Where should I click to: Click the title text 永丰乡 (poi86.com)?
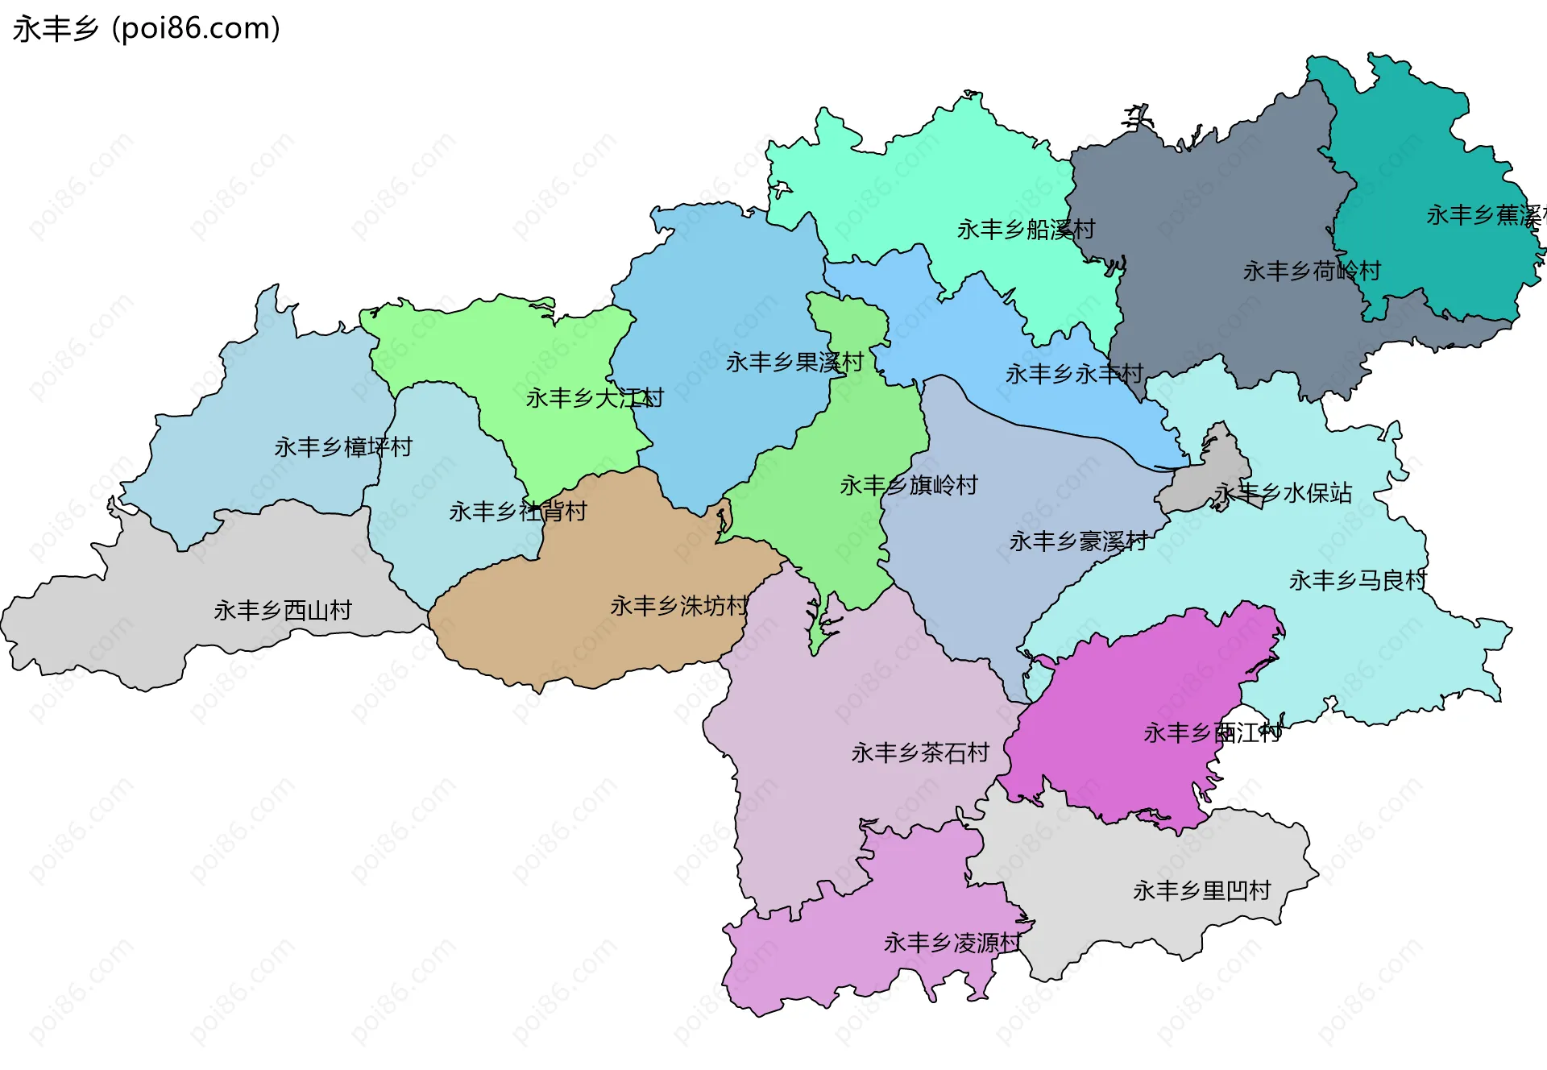pyautogui.click(x=147, y=29)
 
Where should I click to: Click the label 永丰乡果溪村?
pyautogui.click(x=794, y=363)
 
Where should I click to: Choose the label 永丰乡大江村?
pyautogui.click(x=594, y=398)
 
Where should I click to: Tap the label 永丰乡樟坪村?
pyautogui.click(x=342, y=447)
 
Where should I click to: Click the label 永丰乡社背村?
pyautogui.click(x=517, y=512)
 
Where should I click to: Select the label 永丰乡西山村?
pyautogui.click(x=282, y=611)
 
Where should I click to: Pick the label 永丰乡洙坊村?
pyautogui.click(x=678, y=606)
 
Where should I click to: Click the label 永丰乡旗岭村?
pyautogui.click(x=908, y=485)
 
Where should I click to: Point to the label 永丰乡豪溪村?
pyautogui.click(x=1078, y=541)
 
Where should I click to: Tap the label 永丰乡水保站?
pyautogui.click(x=1283, y=493)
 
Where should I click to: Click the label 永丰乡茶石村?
pyautogui.click(x=919, y=753)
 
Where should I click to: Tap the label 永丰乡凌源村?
pyautogui.click(x=952, y=943)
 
